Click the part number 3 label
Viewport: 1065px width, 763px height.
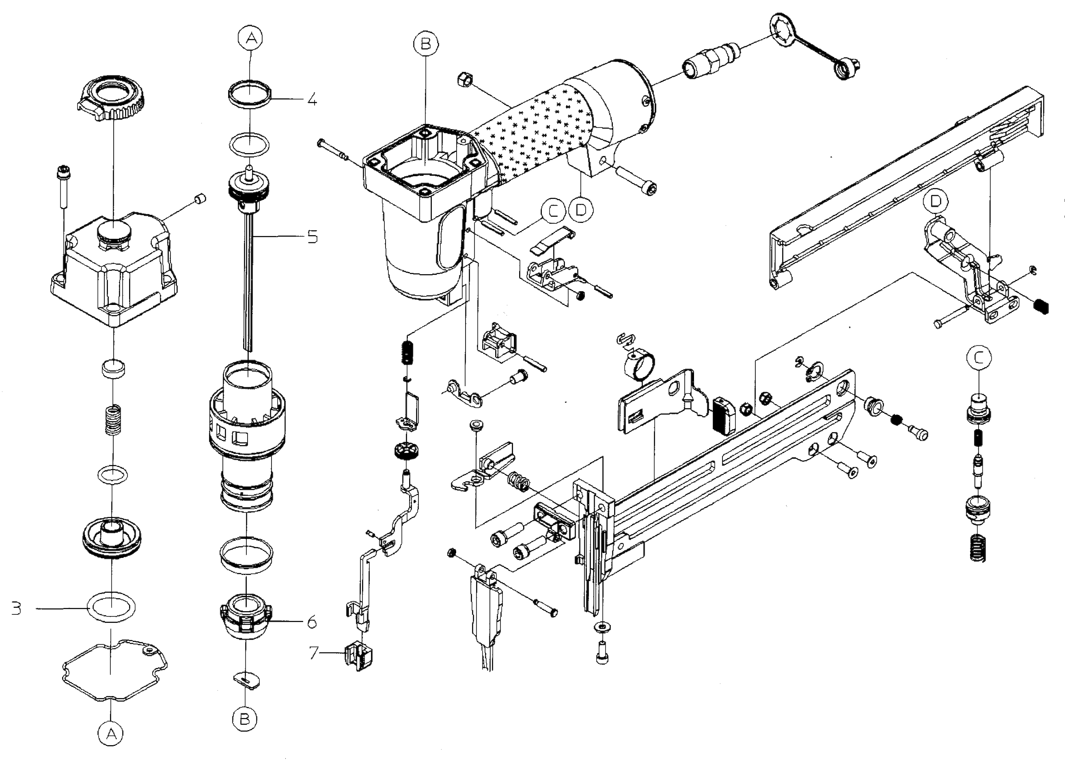[17, 609]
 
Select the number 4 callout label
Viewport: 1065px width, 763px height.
[312, 99]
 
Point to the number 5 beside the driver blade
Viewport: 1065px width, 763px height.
[313, 236]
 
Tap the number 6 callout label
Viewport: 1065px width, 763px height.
[312, 623]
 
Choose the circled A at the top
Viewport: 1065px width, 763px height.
[251, 38]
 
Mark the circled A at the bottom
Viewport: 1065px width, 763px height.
[111, 733]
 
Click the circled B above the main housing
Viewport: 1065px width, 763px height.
[426, 43]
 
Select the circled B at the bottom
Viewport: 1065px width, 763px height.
[245, 720]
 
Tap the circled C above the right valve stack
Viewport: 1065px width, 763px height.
[979, 358]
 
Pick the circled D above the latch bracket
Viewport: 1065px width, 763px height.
[935, 202]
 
